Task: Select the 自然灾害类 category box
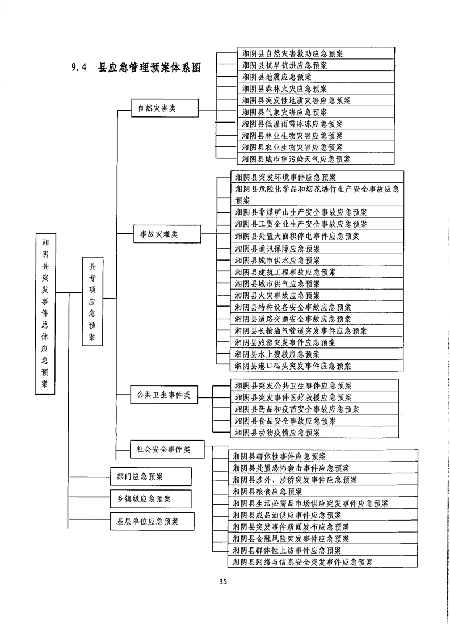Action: tap(153, 108)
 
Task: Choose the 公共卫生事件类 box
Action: tap(163, 393)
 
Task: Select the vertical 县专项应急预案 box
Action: tap(92, 301)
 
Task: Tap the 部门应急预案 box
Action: tap(150, 476)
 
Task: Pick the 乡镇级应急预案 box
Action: tap(150, 499)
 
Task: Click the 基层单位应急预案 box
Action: tap(150, 521)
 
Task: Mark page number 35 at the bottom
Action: tap(223, 581)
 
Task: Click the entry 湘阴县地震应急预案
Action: tap(276, 77)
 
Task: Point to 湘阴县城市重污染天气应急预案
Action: tap(296, 160)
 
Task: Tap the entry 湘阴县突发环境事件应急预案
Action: tap(285, 177)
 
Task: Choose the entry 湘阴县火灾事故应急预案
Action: tap(277, 295)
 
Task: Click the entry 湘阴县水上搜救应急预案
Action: tap(277, 354)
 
